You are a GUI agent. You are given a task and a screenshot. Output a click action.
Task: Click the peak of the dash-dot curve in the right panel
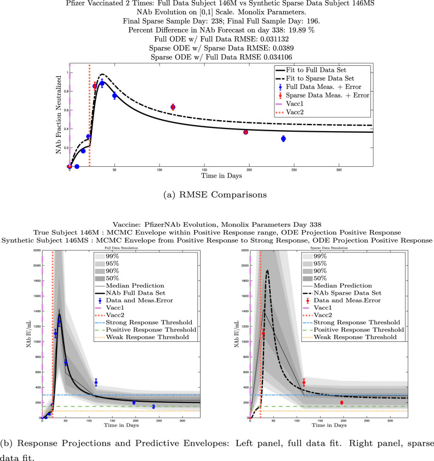point(267,271)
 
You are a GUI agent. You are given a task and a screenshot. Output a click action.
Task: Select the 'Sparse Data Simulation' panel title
point(328,249)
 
